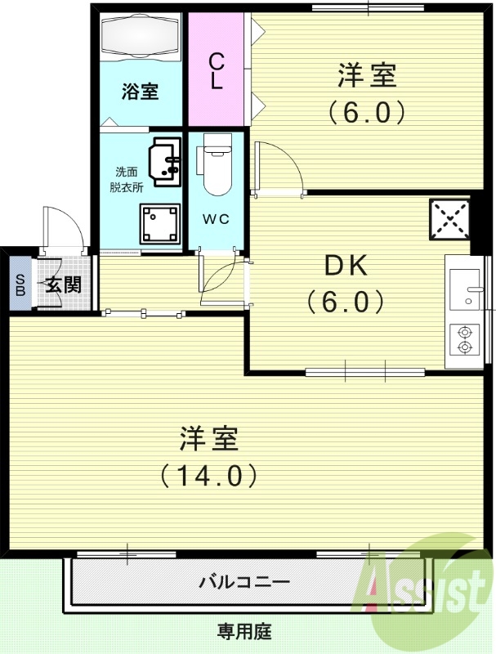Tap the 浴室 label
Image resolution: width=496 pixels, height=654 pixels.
[141, 91]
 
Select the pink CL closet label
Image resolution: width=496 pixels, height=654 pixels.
[217, 72]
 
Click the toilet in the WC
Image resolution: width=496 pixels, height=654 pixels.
[217, 164]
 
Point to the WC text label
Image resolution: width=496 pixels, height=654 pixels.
[216, 218]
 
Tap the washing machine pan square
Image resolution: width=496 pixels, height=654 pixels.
[159, 223]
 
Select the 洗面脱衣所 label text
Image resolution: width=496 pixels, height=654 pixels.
[127, 179]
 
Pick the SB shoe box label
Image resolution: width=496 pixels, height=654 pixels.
[19, 284]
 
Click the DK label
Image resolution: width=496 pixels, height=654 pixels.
[347, 267]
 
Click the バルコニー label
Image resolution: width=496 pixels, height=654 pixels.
[244, 583]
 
